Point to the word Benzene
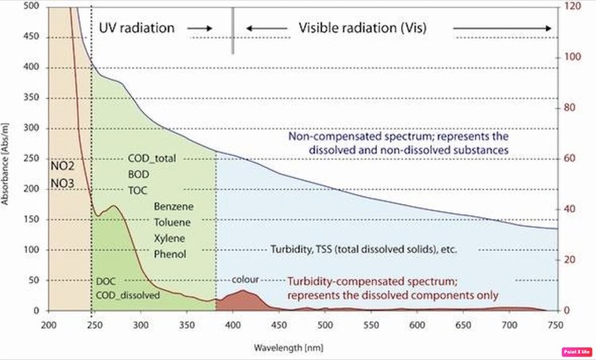pyautogui.click(x=173, y=206)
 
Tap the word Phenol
pyautogui.click(x=171, y=254)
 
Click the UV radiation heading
pyautogui.click(x=137, y=29)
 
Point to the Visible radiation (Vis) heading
pyautogui.click(x=362, y=29)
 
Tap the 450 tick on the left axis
pyautogui.click(x=29, y=37)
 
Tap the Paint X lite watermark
pyautogui.click(x=578, y=350)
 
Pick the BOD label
pyautogui.click(x=138, y=174)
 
